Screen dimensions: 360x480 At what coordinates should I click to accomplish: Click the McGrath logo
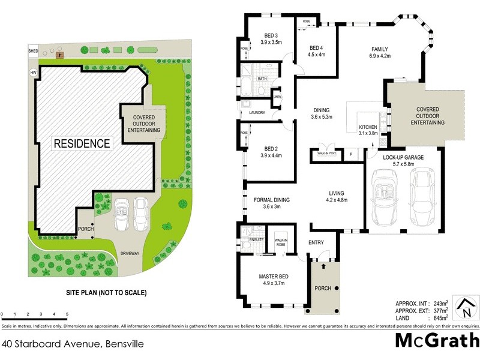[436, 341]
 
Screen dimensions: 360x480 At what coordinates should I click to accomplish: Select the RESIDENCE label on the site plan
[82, 143]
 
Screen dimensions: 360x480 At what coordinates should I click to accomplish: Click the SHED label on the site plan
[33, 52]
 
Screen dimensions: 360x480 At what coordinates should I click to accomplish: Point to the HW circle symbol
[32, 73]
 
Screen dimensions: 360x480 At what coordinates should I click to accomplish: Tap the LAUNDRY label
[257, 112]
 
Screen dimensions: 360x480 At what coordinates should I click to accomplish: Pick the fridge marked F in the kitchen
[351, 155]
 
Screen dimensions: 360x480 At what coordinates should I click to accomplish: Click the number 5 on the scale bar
[67, 314]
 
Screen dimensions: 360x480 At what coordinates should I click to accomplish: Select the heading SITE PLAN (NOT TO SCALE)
[106, 293]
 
